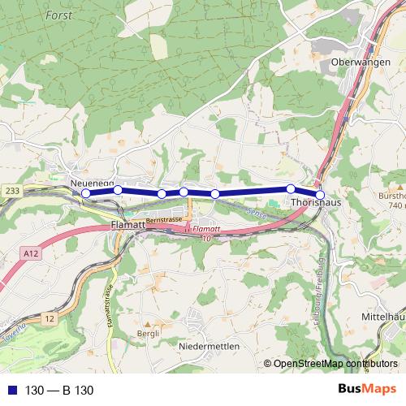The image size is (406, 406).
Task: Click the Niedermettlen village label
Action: point(209,345)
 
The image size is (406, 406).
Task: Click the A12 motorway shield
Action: point(32,254)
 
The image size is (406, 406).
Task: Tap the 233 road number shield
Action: point(11,190)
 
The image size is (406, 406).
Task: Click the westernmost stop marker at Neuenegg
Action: point(86,193)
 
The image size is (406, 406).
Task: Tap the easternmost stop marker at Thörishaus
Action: point(320,195)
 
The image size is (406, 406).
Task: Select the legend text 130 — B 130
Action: point(60,391)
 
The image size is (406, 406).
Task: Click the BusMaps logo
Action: point(366,390)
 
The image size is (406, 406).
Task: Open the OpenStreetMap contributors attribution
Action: point(335,365)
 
